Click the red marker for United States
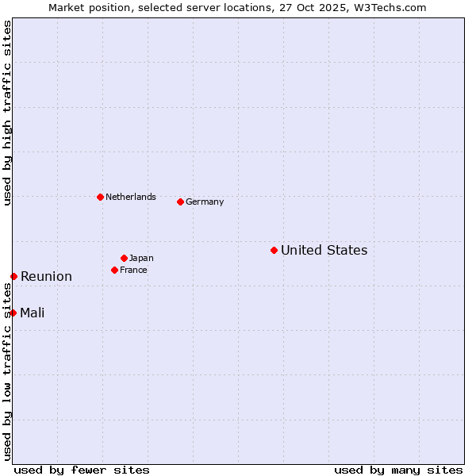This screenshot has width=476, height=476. (x=274, y=250)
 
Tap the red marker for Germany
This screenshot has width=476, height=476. (x=180, y=202)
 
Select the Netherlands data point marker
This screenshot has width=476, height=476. (x=100, y=197)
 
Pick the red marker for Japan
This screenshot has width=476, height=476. (x=124, y=258)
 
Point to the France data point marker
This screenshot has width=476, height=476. (x=114, y=270)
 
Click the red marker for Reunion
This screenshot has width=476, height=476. (x=13, y=276)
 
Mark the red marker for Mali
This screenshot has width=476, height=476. (x=13, y=313)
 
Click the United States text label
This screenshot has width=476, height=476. (x=324, y=251)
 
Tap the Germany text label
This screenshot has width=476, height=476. (x=205, y=202)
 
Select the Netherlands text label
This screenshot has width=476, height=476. (x=131, y=198)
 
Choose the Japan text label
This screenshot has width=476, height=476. (x=141, y=259)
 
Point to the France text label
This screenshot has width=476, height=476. (x=133, y=271)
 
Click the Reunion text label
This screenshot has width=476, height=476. (x=46, y=277)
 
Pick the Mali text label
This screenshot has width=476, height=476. (x=33, y=313)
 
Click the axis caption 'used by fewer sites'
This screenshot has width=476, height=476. (x=82, y=470)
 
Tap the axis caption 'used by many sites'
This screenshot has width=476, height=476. (x=398, y=470)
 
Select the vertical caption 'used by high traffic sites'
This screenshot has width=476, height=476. (x=7, y=113)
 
